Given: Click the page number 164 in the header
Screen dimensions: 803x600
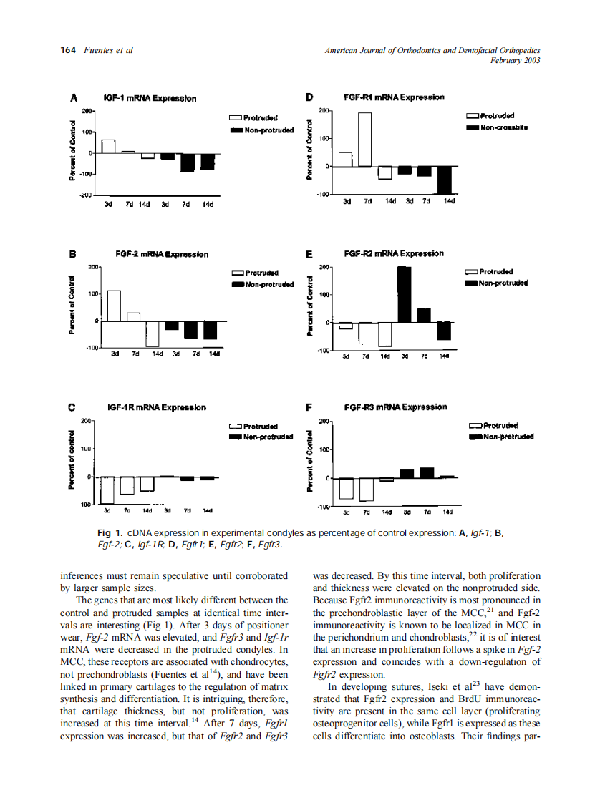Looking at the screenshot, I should pos(67,50).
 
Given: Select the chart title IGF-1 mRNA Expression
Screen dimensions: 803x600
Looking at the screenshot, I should pos(150,98).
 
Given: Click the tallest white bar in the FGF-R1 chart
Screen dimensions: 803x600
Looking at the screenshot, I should pos(365,140).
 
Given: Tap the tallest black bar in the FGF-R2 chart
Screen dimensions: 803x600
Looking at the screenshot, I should pos(404,294).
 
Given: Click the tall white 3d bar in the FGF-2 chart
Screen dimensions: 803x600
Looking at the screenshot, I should pos(114,306).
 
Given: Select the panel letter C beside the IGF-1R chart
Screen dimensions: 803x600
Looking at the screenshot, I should pos(72,408).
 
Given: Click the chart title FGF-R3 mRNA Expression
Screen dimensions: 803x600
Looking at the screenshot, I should pos(395,407).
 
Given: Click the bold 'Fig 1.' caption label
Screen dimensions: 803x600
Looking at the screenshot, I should pos(110,533).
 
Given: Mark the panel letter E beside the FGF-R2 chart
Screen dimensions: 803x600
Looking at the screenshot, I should pos(309,253).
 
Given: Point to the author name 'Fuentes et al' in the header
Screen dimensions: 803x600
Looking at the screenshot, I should pos(109,50).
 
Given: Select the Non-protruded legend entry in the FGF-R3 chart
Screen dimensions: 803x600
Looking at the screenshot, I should pos(508,437).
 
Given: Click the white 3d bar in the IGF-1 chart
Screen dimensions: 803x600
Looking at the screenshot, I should pos(108,146).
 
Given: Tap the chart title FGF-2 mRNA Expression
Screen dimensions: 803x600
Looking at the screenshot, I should pos(162,254).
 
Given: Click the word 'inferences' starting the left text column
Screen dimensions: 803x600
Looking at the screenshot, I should pos(82,575).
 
